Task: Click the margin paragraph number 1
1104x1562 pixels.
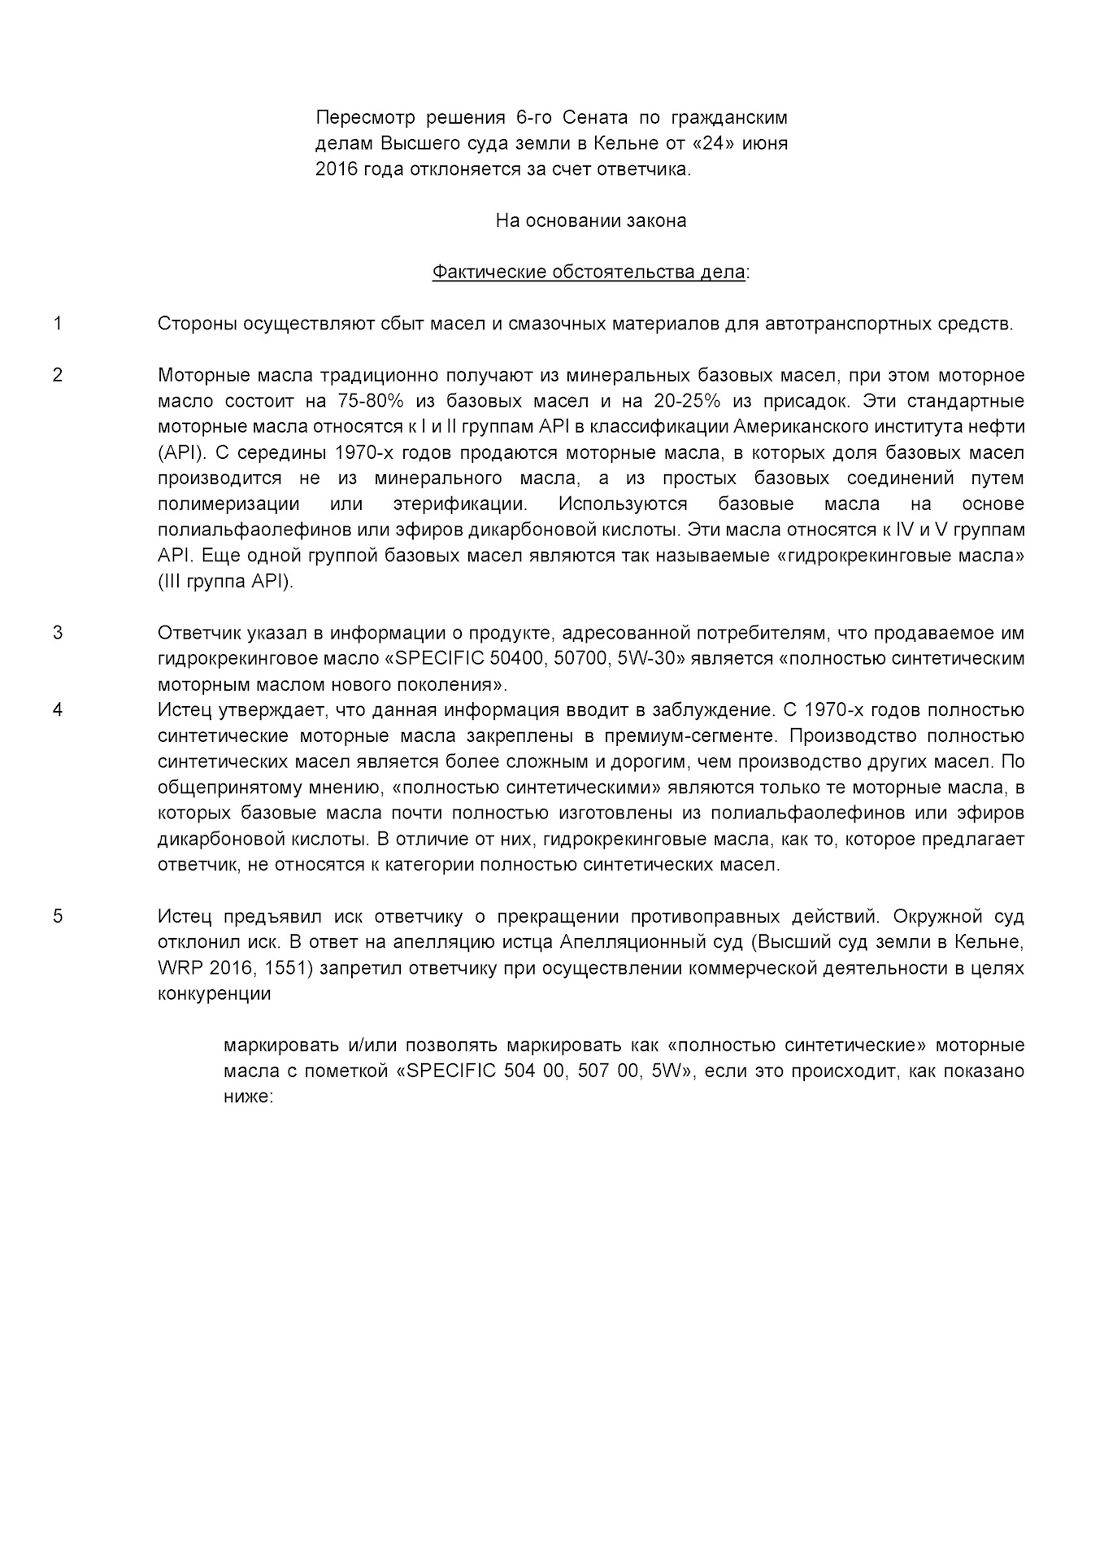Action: [57, 324]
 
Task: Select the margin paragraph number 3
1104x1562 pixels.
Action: [57, 632]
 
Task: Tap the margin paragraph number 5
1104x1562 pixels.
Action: [57, 916]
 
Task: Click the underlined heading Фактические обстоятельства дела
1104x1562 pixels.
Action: [588, 272]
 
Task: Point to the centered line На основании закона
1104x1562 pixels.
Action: [591, 220]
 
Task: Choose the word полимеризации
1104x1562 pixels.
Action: [228, 504]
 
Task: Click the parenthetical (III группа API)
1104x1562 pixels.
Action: [225, 582]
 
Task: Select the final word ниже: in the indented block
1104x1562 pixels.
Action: [247, 1096]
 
